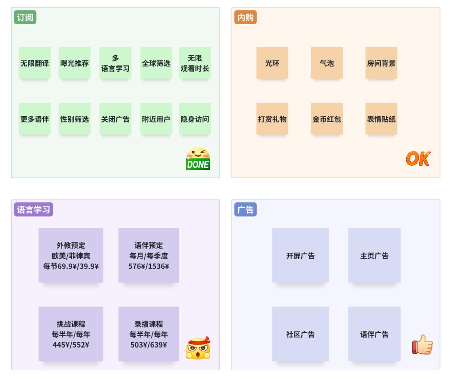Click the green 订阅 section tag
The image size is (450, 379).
point(25,17)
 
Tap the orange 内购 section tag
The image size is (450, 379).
point(245,17)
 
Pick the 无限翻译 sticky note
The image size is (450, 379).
point(35,63)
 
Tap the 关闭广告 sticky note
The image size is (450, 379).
point(115,119)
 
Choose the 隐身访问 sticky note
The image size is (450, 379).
point(195,119)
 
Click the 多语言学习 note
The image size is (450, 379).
point(115,63)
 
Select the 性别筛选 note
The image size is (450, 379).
point(75,119)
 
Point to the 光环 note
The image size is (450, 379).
point(272,63)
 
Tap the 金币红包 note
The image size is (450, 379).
point(327,119)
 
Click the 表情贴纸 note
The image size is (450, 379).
point(381,119)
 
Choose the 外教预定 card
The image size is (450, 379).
point(71,255)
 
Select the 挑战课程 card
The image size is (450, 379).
point(71,334)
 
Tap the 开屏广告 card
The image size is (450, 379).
point(300,255)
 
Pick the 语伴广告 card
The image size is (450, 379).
point(374,334)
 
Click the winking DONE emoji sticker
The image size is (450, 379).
point(198,159)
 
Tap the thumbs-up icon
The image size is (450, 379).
point(422,345)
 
